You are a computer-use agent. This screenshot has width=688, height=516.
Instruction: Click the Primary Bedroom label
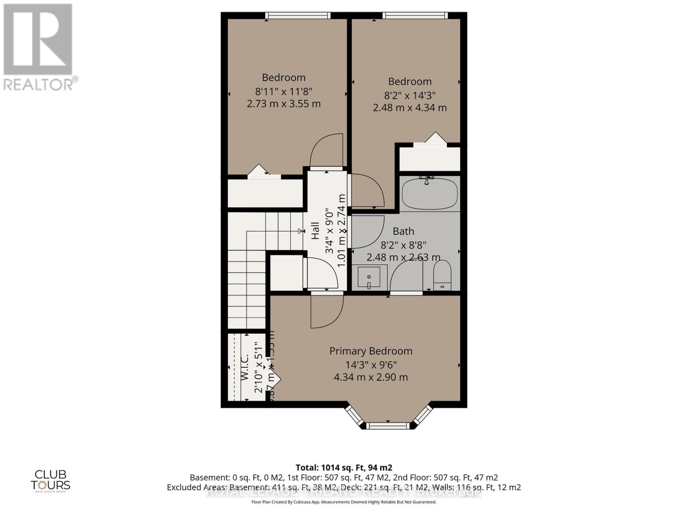point(371,351)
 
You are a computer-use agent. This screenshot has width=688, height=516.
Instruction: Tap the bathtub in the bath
point(429,193)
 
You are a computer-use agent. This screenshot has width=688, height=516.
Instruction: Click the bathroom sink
point(369,277)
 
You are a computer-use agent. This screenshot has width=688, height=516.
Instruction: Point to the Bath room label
point(403,231)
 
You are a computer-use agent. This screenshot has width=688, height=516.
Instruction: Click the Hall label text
point(315,230)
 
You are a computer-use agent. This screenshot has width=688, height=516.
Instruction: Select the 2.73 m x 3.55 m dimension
point(284,104)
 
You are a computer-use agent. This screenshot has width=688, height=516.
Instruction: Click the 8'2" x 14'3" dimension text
point(409,95)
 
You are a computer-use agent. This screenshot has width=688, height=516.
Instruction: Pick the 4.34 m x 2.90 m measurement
point(371,377)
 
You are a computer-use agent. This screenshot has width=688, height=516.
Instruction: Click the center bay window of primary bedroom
point(388,425)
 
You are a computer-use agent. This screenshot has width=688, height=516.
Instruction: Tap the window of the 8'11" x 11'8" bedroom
point(298,15)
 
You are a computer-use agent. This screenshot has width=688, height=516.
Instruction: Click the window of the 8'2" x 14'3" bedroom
point(415,15)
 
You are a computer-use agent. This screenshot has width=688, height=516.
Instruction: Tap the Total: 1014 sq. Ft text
point(344,467)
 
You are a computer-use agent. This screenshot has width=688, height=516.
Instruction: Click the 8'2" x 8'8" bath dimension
point(403,245)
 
